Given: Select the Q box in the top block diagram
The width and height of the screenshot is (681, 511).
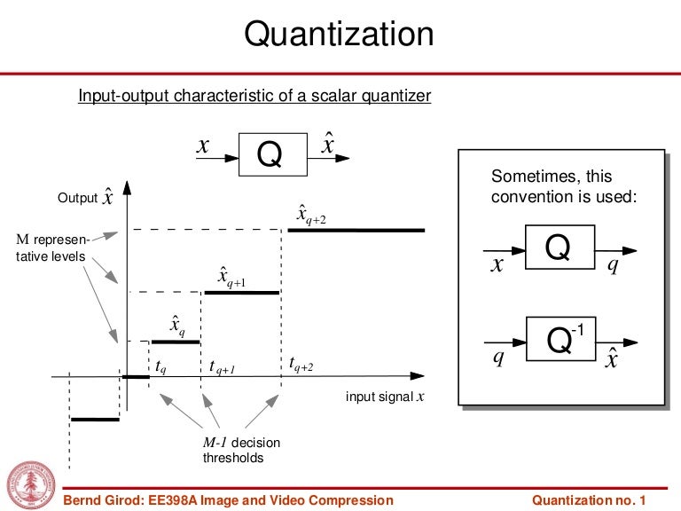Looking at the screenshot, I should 270,156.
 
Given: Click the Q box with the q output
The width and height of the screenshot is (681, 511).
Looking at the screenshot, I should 558,248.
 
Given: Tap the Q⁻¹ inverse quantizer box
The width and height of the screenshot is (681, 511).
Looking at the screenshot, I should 558,340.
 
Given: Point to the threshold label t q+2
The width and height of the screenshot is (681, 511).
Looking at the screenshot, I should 301,363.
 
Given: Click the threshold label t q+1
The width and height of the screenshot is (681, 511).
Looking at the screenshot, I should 222,366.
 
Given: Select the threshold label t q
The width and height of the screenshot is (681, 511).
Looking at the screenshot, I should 160,365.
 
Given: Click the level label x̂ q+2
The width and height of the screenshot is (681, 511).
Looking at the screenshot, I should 311,215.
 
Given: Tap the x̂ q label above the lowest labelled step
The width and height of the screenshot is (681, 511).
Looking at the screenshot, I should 177,326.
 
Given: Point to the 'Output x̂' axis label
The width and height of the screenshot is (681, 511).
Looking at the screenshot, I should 85,197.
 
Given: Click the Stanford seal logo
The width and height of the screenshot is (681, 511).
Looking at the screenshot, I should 30,485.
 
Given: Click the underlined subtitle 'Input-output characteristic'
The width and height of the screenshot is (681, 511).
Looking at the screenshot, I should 254,96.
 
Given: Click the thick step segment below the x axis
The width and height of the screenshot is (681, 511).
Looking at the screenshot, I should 94,419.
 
